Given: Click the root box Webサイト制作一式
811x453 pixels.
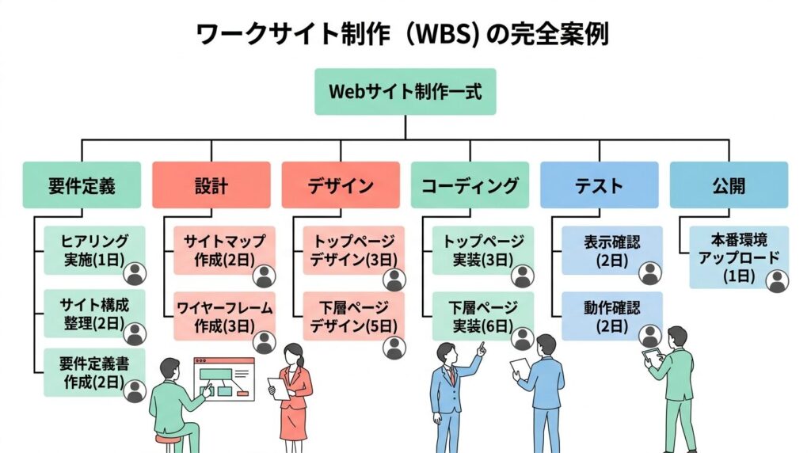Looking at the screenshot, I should point(405,91).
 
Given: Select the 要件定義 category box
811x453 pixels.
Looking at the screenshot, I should point(82,185).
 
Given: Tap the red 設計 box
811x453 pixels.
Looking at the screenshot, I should point(211,185).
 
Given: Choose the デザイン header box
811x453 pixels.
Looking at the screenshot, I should point(341,185).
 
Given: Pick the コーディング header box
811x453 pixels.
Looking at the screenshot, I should point(470,185).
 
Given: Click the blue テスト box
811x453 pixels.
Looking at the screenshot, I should point(600,185).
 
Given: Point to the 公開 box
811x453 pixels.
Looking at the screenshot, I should point(729,185).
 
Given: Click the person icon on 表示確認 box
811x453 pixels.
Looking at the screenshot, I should point(650,273).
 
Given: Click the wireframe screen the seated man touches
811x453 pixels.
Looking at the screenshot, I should point(224,379).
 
